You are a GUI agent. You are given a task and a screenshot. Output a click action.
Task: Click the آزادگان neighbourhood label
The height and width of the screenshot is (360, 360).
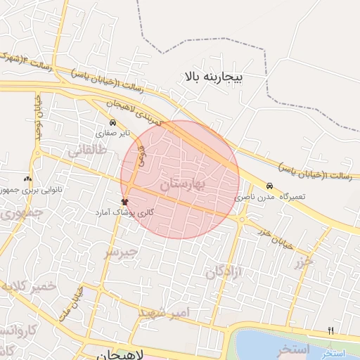coord(224,273)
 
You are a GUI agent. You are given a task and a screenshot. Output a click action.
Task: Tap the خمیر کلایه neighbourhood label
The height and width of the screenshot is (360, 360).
coord(28,287)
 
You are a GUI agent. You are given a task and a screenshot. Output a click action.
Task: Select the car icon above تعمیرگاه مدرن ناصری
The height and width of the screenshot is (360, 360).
coord(270,186)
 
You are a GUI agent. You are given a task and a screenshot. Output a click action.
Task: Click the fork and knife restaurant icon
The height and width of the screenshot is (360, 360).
coord(330,330)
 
